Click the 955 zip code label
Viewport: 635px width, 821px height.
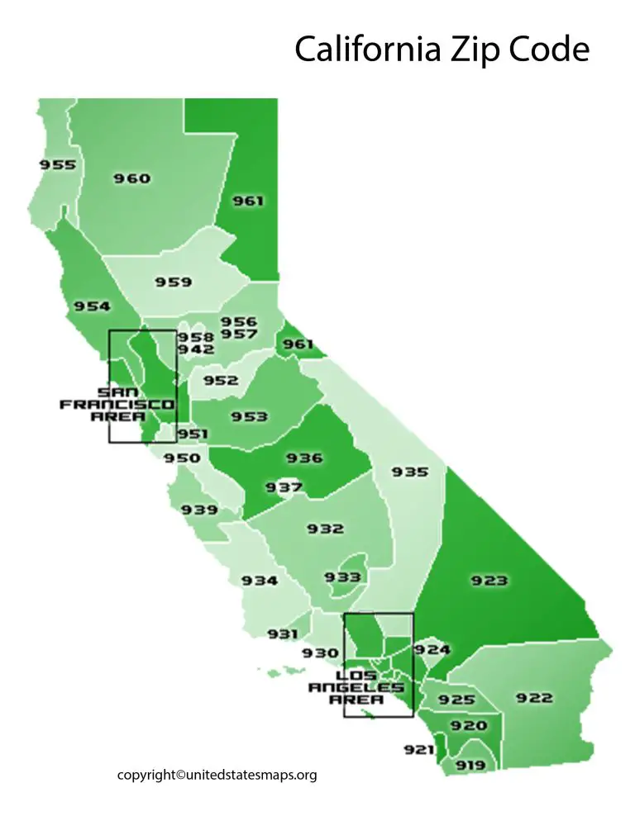tap(58, 165)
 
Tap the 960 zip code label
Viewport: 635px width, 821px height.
tap(132, 178)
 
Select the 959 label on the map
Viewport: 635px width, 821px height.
tap(174, 282)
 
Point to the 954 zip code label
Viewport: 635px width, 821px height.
tap(92, 306)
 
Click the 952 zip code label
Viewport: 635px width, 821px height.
tap(221, 381)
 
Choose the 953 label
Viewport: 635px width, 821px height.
tap(249, 416)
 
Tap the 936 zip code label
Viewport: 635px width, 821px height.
tap(303, 458)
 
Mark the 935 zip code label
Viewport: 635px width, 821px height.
tap(410, 472)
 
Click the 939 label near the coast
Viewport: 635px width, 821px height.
tap(200, 510)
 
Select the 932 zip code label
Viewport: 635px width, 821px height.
tap(325, 529)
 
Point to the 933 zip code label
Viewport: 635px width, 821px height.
tap(342, 577)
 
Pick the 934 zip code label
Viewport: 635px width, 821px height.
tap(260, 581)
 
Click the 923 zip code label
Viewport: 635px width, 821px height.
tap(489, 581)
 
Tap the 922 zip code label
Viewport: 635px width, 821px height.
tap(534, 698)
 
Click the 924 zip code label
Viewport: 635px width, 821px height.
tap(432, 650)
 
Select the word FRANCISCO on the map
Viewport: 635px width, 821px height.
tap(117, 405)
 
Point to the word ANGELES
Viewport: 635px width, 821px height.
tap(356, 687)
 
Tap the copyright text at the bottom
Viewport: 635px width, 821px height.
tap(217, 775)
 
